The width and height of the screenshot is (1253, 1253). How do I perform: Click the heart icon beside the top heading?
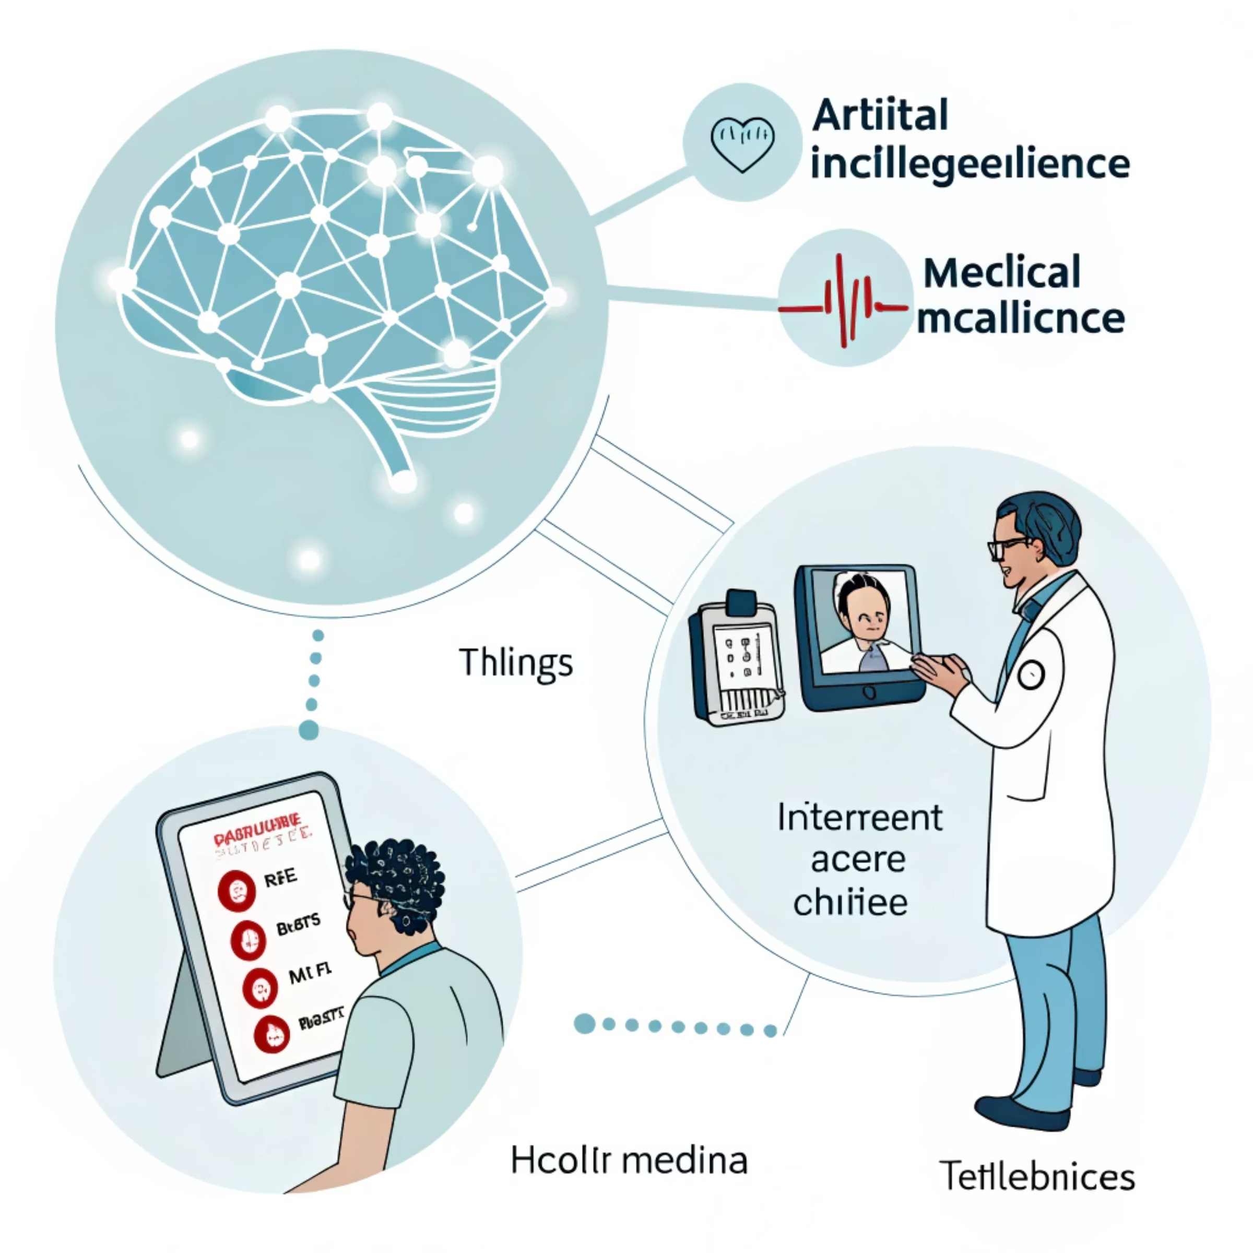pos(742,144)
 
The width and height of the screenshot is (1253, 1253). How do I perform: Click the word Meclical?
pos(1002,273)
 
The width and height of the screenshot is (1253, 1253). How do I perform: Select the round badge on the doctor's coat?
pos(1031,675)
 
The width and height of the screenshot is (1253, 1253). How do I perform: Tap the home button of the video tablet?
pos(870,693)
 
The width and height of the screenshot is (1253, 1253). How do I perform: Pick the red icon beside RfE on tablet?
pos(236,890)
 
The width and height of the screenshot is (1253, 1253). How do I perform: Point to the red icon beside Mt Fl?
pos(260,988)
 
